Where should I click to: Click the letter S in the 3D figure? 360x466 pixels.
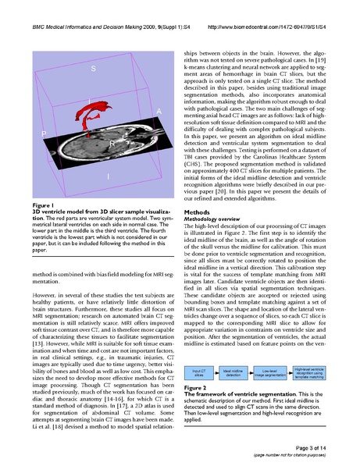[94, 69]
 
